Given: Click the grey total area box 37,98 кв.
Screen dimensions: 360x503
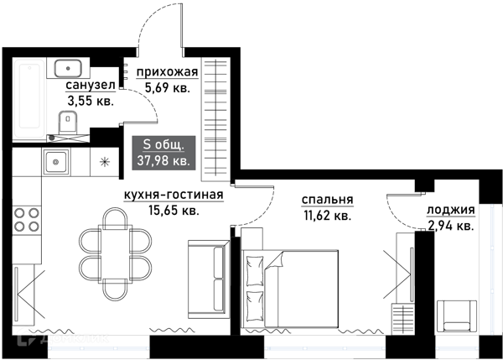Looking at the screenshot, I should [x=163, y=152].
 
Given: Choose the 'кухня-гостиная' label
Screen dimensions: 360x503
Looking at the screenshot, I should [x=173, y=196].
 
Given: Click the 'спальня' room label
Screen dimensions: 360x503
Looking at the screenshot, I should [x=328, y=200].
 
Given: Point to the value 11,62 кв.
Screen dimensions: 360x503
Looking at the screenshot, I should [x=325, y=216].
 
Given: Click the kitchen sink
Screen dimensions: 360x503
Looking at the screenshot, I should [x=57, y=161].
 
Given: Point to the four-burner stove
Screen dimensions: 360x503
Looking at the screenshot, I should [x=27, y=219].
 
